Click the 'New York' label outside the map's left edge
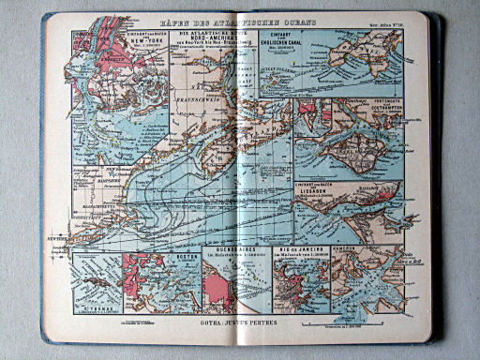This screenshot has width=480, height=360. pyautogui.click(x=52, y=239)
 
